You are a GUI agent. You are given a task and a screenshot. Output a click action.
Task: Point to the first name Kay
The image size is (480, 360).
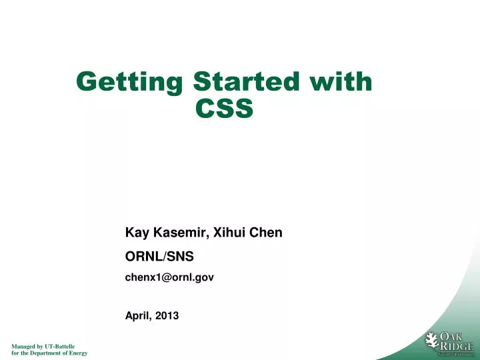point(137,233)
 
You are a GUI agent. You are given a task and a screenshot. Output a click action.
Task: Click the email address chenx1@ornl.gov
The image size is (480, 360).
point(169,277)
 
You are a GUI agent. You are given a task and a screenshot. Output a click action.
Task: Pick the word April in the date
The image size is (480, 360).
point(139,316)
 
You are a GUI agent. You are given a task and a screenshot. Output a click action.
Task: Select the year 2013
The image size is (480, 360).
point(167,316)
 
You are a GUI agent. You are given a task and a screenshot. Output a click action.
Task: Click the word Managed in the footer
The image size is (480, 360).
point(24,347)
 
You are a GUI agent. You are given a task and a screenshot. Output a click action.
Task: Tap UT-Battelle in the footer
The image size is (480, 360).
point(59,347)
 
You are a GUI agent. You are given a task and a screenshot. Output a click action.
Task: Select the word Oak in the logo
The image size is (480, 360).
point(456,336)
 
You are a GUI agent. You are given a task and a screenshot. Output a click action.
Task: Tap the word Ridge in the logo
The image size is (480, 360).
point(456,346)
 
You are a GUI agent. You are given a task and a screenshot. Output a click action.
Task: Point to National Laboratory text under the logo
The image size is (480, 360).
point(455,354)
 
